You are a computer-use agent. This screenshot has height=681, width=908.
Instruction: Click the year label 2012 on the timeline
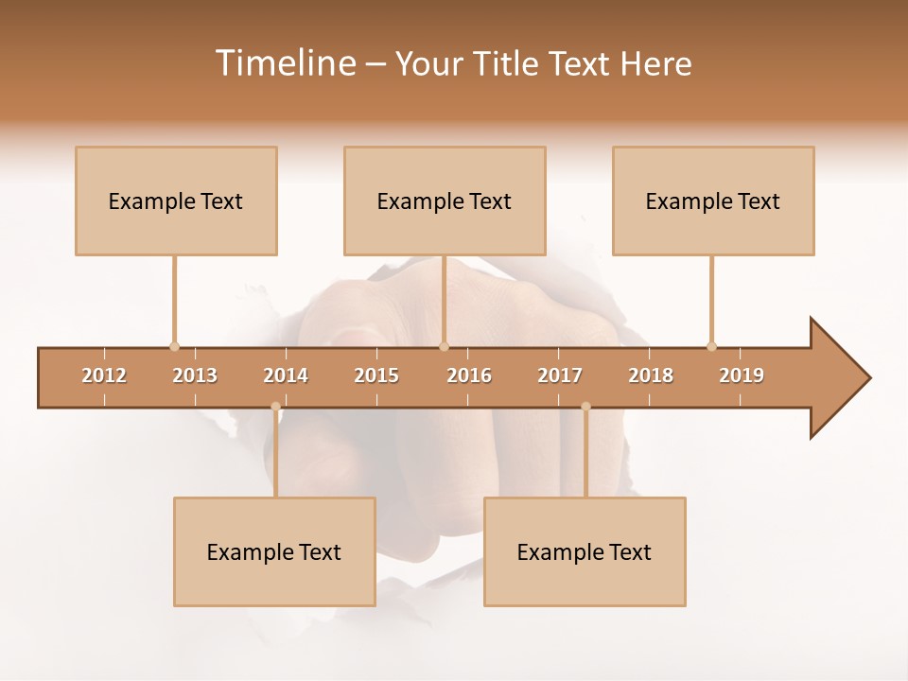coord(104,375)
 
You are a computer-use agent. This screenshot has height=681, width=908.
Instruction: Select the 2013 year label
coord(195,375)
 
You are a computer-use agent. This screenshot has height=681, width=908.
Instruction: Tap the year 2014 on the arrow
coord(286,375)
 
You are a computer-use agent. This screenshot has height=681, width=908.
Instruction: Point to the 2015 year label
coord(376,375)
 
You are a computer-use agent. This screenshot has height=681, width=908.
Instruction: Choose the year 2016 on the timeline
coord(469,375)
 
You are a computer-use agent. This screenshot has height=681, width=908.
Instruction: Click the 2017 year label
coord(560,375)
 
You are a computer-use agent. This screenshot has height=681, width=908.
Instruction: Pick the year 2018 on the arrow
coord(651,375)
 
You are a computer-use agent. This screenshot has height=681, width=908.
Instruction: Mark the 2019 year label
coord(742,375)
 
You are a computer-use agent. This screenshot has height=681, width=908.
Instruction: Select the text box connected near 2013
coord(176,201)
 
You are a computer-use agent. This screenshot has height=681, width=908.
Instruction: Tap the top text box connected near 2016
coord(445,201)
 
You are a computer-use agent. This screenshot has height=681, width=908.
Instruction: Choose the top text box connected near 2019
coord(713,201)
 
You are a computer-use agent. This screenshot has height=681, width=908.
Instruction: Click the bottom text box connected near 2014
coord(274,551)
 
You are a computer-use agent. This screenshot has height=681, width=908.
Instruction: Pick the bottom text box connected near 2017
coord(585,551)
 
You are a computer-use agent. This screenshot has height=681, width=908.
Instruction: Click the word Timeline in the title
coord(284,63)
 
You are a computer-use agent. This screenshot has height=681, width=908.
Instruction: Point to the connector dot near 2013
coord(174,346)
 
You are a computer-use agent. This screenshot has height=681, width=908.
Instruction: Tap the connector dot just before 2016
coord(444,346)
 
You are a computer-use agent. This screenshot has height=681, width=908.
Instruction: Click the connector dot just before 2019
coord(711,346)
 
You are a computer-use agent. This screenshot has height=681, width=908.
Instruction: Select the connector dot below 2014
coord(275,407)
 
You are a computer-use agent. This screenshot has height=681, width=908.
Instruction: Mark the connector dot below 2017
coord(585,407)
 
